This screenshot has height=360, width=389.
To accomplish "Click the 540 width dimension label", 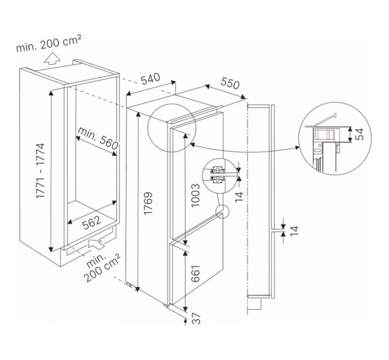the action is coord(151,79).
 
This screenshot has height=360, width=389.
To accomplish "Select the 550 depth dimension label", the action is coord(230,83).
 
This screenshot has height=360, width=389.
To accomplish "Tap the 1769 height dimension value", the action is coord(148,203).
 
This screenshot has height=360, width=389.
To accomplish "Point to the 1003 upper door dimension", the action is coord(195,195).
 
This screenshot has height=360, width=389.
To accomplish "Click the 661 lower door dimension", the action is coord(195,273).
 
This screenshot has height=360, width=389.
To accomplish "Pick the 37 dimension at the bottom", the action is coord(196,318).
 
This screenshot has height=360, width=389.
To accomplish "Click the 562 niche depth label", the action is coord(92,222).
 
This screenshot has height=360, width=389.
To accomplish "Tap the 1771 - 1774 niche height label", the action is coord(40,170).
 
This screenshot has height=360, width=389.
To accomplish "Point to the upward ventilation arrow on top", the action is coord(51,59).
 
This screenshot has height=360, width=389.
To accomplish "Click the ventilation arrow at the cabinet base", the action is coord(96,243).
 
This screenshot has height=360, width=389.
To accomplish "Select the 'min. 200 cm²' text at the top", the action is coord(49,43).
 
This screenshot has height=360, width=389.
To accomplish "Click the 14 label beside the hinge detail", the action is coord(239,197).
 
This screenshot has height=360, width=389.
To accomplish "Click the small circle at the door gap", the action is coord(223,211).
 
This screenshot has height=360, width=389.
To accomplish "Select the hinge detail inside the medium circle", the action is coord(218,175).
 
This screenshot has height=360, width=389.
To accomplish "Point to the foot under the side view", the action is coord(255,303).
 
